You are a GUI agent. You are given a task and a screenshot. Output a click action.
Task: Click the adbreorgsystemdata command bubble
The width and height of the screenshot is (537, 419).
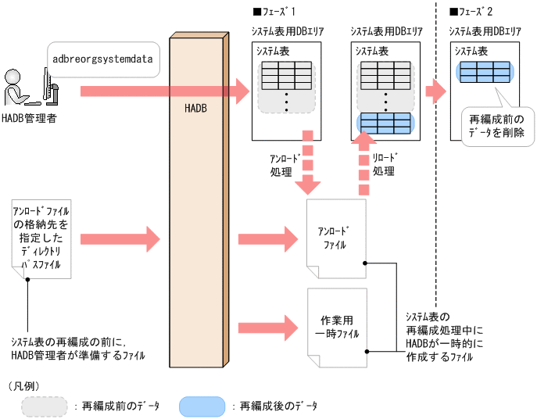102,58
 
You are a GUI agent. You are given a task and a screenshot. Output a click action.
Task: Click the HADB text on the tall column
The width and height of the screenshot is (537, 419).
195,112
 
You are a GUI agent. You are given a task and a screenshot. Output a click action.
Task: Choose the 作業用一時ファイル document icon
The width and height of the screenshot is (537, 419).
336,327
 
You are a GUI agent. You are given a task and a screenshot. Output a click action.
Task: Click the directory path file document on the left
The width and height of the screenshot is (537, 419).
41,238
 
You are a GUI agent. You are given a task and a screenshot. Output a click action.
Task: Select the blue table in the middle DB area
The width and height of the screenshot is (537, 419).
383,123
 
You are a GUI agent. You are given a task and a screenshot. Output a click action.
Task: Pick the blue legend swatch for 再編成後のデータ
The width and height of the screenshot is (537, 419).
202,406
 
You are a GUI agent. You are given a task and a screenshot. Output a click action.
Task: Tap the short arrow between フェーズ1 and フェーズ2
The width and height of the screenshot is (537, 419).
435,91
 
